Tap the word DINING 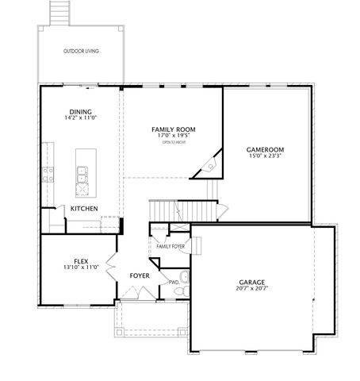79,111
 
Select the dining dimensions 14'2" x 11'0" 79,118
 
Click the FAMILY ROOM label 174,129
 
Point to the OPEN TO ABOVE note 174,142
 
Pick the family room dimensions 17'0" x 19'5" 174,135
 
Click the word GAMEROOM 266,149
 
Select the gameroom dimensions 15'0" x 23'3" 266,156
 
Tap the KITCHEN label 84,209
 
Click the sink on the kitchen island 81,171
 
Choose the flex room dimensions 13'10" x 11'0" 80,267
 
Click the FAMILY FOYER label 170,247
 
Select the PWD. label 173,282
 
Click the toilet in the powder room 184,278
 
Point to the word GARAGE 251,282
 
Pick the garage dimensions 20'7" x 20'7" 251,289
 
